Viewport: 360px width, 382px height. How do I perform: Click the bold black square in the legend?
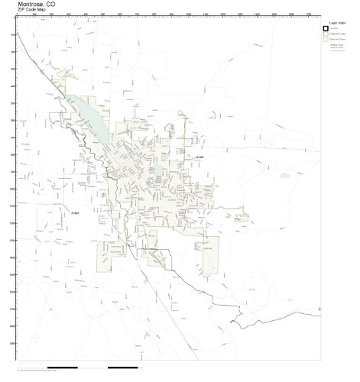(326, 29)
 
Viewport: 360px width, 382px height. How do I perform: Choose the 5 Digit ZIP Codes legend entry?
(337, 34)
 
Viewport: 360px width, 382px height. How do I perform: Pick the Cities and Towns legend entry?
(337, 40)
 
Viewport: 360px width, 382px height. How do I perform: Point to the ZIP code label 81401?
(200, 157)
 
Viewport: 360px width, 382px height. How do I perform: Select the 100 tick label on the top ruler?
(34, 15)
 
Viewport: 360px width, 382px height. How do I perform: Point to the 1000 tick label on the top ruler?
(187, 15)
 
